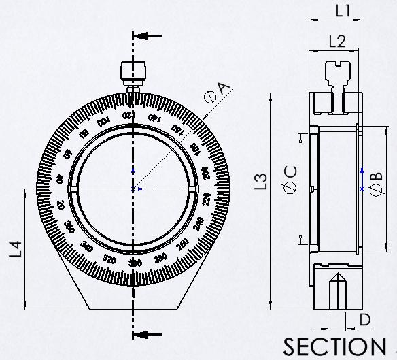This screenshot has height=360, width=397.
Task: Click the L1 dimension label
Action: click(x=343, y=10)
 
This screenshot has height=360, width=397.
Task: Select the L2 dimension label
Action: click(x=336, y=41)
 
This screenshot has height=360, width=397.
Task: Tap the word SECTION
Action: click(x=334, y=346)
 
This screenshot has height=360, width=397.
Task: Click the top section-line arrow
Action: click(x=148, y=36)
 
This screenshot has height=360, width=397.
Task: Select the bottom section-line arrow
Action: click(x=148, y=333)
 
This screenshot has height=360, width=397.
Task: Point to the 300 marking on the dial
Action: click(x=135, y=263)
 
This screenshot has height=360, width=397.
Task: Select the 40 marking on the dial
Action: click(x=59, y=179)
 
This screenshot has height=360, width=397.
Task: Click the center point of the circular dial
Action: click(x=134, y=188)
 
